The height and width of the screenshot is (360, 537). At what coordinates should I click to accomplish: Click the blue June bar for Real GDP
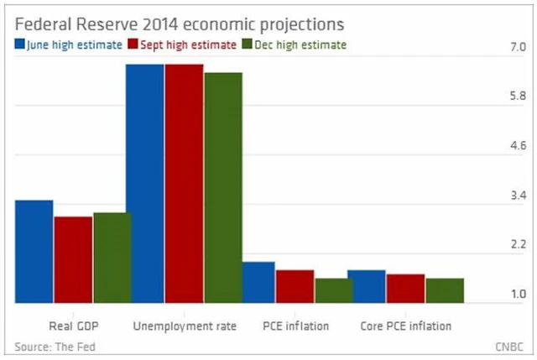coord(34,251)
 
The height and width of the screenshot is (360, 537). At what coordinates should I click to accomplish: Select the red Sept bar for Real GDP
coord(73,259)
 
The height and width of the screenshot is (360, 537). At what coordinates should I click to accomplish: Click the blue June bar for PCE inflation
coord(258,282)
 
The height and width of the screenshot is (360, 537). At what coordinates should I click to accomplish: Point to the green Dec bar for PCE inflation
coord(334,290)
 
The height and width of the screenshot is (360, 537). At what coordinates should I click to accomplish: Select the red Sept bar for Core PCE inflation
coord(405,288)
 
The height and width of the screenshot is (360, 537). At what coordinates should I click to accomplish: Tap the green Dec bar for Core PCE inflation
coord(445,290)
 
